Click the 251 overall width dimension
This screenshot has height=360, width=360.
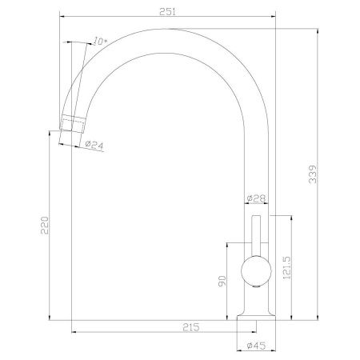click(168, 12)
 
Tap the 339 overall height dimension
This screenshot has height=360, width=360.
click(313, 174)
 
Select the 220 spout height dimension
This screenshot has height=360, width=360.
click(45, 226)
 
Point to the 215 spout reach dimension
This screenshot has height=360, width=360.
click(191, 327)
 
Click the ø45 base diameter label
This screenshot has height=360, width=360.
click(256, 346)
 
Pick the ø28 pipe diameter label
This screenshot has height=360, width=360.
click(257, 198)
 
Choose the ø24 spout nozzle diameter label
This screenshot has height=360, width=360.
click(94, 145)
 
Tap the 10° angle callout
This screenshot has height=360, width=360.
click(100, 42)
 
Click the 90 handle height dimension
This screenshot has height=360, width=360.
click(222, 282)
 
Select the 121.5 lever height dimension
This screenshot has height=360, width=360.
click(287, 268)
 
